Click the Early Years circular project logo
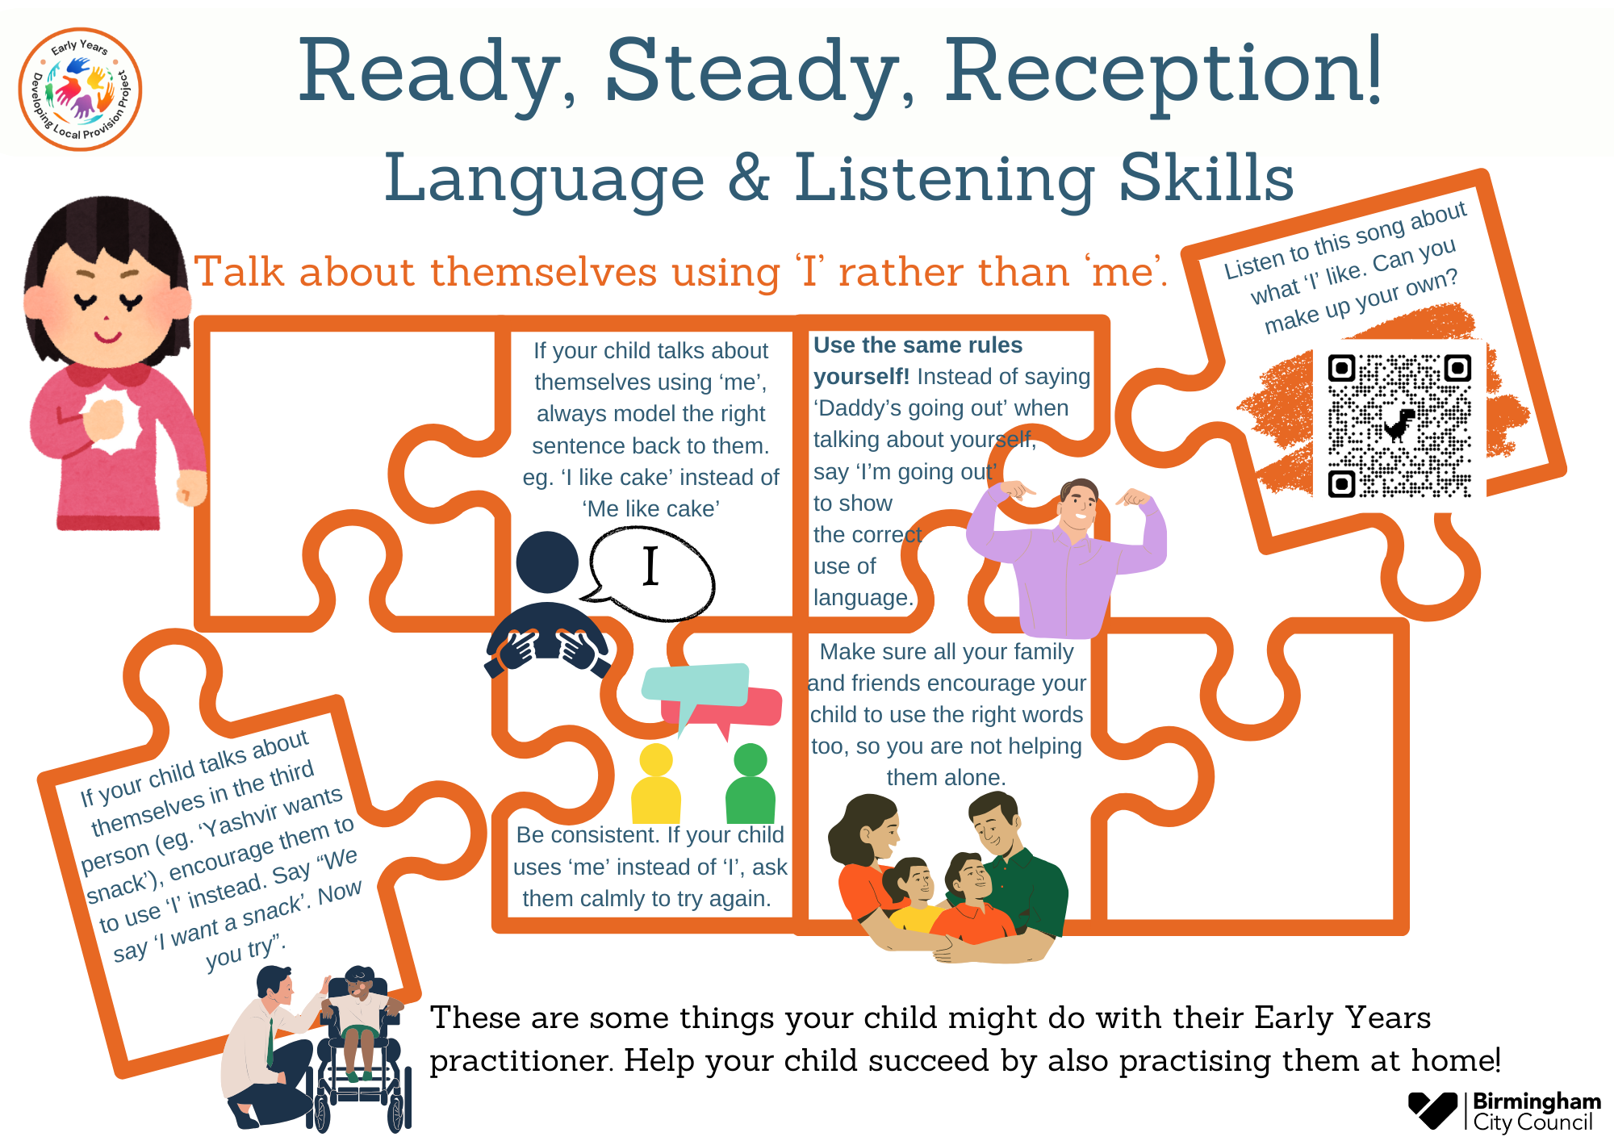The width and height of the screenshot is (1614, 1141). point(80,89)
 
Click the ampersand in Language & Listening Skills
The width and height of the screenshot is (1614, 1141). point(749,178)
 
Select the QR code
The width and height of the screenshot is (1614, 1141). point(1399,425)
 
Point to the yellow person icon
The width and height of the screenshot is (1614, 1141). point(656,784)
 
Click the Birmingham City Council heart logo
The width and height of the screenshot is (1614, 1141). point(1432,1110)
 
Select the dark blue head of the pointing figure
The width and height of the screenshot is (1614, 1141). point(547,562)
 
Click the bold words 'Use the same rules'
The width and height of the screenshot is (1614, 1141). point(918,345)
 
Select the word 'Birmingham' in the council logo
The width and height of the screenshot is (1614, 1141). point(1537,1101)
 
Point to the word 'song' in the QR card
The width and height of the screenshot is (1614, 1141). point(1380,233)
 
